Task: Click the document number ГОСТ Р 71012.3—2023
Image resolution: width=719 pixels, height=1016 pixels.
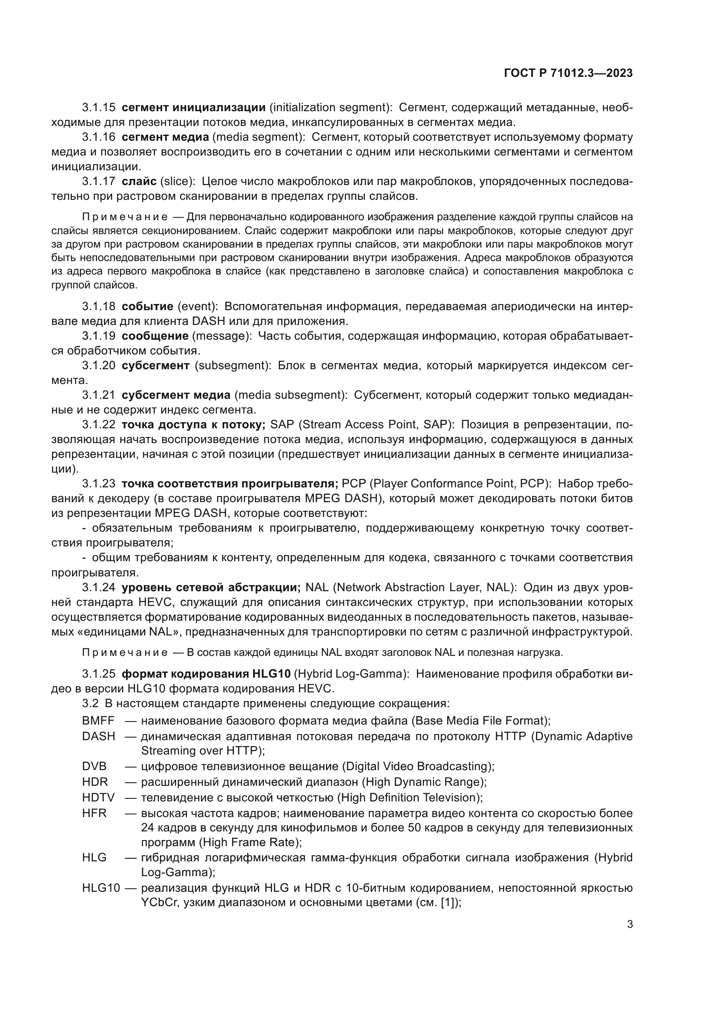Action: tap(568, 73)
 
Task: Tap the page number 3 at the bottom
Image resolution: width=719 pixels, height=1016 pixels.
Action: tap(629, 924)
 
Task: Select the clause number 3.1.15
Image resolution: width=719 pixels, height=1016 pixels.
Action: tap(98, 108)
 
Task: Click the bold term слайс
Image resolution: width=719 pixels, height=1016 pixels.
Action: tap(139, 181)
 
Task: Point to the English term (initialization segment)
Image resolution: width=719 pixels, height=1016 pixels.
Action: tap(331, 108)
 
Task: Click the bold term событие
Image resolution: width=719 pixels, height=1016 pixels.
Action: tap(147, 306)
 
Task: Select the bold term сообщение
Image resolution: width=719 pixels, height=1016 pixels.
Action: tap(155, 336)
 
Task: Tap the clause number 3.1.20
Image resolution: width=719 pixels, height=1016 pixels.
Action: tap(98, 365)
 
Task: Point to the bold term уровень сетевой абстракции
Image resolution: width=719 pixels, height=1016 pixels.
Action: tap(211, 587)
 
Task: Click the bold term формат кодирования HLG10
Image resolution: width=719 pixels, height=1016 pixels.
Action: tap(206, 674)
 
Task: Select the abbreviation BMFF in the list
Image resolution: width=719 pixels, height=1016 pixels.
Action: tap(98, 721)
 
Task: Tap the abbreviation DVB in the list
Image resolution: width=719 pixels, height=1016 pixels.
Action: tap(94, 766)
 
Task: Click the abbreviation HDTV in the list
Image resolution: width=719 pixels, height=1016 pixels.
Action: tap(98, 798)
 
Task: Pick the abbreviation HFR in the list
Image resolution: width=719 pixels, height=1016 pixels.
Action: tap(94, 813)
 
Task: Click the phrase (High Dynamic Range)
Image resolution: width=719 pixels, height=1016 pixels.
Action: tap(424, 782)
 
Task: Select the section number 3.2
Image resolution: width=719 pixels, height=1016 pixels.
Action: tap(90, 703)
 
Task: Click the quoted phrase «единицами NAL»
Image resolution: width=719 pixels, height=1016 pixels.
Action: tap(128, 632)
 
